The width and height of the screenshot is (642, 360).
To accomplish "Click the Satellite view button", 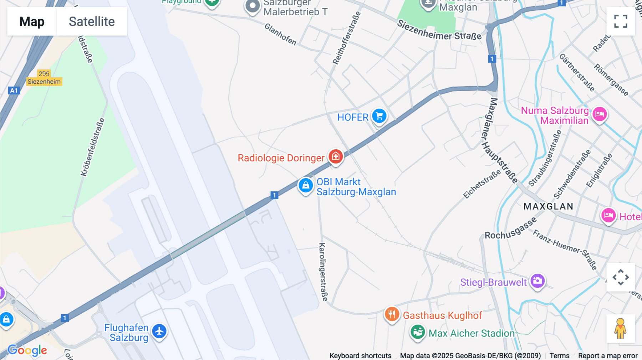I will point(92,21).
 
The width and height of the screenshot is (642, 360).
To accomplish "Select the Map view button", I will point(32,21).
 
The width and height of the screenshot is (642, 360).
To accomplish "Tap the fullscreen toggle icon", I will point(621,21).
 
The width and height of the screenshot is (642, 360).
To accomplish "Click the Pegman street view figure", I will point(620,328).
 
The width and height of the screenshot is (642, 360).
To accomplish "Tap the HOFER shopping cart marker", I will point(379,116).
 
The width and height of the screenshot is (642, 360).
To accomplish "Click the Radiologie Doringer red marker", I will point(336,156).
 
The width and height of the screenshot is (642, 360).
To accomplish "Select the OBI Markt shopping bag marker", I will point(306,185).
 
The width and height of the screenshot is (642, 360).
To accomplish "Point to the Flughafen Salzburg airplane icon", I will point(159,331).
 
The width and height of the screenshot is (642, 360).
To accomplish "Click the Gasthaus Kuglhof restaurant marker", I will point(392,314).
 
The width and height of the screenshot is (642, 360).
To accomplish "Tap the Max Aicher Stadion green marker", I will point(417,332).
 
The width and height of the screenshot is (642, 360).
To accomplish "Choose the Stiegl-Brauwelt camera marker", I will point(537,281).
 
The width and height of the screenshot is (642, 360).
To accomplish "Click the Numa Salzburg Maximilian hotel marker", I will point(600,114).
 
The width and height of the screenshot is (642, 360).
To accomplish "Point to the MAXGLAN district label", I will point(548,206).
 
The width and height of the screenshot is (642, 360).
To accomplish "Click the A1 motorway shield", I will point(14,91).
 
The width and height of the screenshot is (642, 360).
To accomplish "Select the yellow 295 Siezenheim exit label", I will point(44,78).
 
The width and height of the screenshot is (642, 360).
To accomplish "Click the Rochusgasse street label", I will point(510,229).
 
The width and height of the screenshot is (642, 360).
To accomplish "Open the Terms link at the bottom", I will point(559,355).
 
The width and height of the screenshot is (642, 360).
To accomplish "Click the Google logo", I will point(27,350).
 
